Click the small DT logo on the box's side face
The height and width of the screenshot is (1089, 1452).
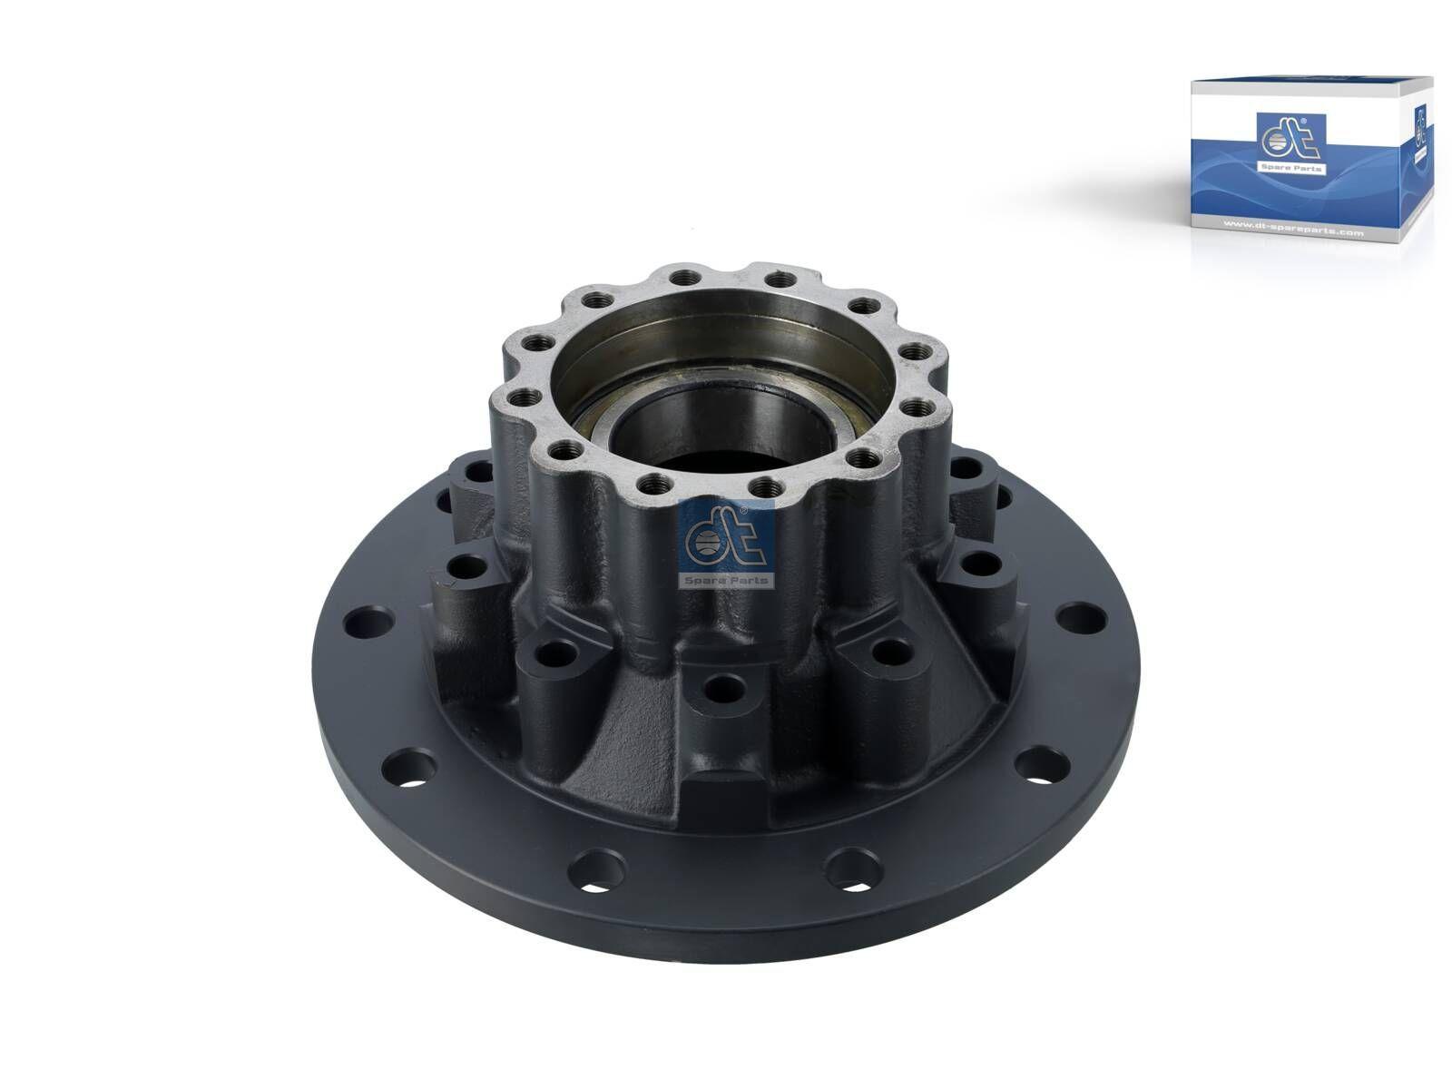click(1419, 128)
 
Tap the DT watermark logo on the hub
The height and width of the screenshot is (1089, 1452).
click(724, 544)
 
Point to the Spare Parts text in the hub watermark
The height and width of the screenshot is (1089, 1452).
click(726, 580)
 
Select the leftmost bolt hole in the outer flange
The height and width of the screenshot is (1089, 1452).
click(363, 623)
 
